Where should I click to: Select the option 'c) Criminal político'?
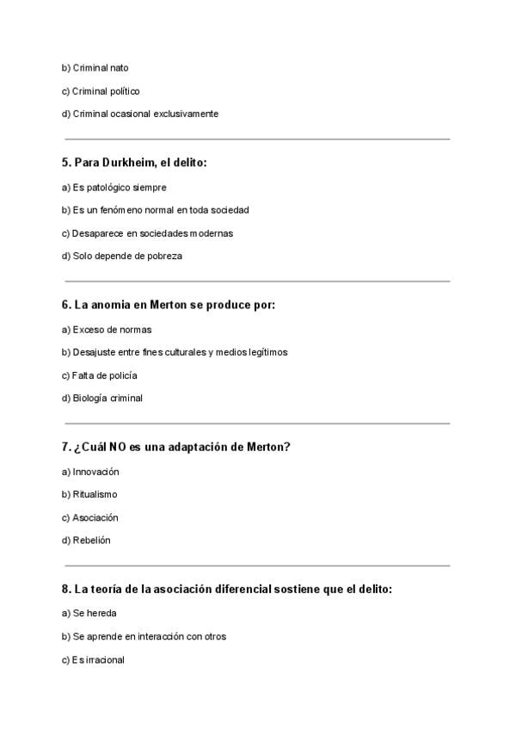click(101, 91)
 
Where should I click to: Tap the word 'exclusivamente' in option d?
click(186, 114)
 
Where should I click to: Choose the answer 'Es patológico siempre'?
click(119, 187)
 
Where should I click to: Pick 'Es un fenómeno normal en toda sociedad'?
click(161, 210)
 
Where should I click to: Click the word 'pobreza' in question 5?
click(165, 256)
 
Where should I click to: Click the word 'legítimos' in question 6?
click(267, 352)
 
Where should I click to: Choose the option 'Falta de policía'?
click(104, 375)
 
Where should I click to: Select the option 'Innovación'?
click(95, 472)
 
